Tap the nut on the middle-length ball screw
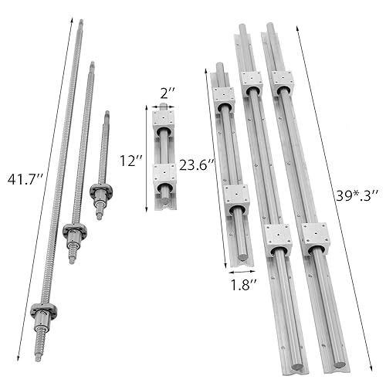(74, 230)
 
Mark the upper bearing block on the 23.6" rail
(223, 98)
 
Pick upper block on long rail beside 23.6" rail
(252, 83)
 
